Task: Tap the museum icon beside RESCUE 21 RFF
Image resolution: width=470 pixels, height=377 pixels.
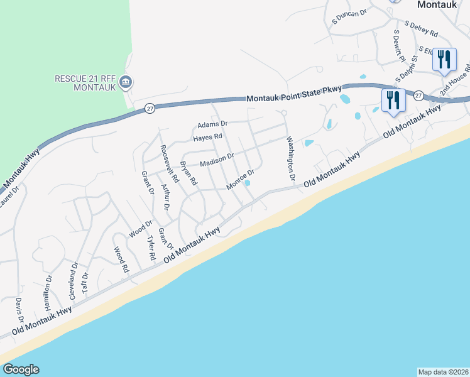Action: [125, 81]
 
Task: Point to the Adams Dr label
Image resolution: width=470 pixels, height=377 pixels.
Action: [212, 124]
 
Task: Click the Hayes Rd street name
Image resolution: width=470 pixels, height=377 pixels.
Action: [208, 136]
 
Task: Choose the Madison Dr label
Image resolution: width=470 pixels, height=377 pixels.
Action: [217, 161]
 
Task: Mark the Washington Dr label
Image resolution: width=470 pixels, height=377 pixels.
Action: [291, 160]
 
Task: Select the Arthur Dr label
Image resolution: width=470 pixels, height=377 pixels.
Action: [165, 197]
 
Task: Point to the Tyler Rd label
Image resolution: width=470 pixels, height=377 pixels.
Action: [151, 248]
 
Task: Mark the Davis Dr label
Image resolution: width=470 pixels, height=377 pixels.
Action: [19, 312]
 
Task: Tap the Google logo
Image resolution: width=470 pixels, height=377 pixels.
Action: [21, 369]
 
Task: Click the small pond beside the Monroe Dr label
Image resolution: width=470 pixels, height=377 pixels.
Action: [248, 183]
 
